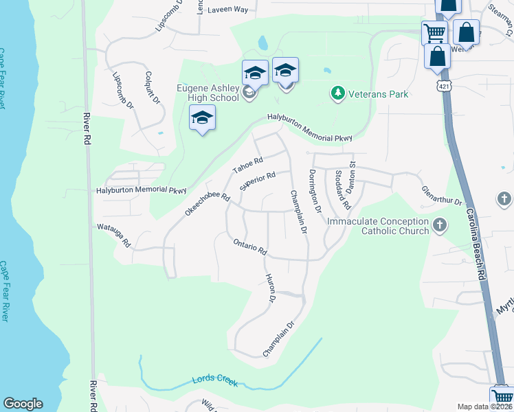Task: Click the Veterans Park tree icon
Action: pos(337,93)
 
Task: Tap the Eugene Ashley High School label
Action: pos(208,93)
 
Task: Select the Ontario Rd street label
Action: pos(249,247)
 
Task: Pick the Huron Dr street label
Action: pos(270,289)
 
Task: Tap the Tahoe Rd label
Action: pos(247,166)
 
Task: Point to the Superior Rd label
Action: pos(258,181)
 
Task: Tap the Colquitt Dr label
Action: pos(153,89)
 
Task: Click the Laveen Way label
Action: pos(227,10)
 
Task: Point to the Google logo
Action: pos(23,404)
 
